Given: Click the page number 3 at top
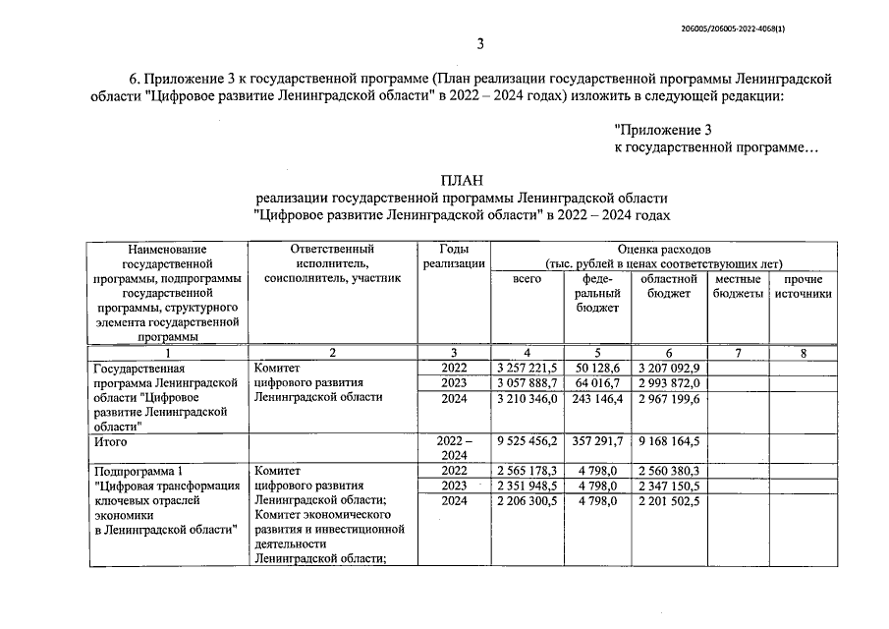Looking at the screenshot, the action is (x=481, y=43).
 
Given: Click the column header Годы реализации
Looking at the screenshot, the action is (x=453, y=256).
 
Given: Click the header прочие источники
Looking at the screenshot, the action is (x=803, y=286).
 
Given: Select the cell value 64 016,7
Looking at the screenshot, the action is (x=597, y=382).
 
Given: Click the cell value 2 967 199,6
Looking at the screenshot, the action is (x=669, y=399).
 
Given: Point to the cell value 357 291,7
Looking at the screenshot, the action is (x=597, y=442).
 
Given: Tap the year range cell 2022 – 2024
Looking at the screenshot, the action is (x=453, y=449).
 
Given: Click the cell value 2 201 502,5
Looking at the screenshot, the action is (x=669, y=501).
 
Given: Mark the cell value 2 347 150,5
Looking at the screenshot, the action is (x=669, y=486).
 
